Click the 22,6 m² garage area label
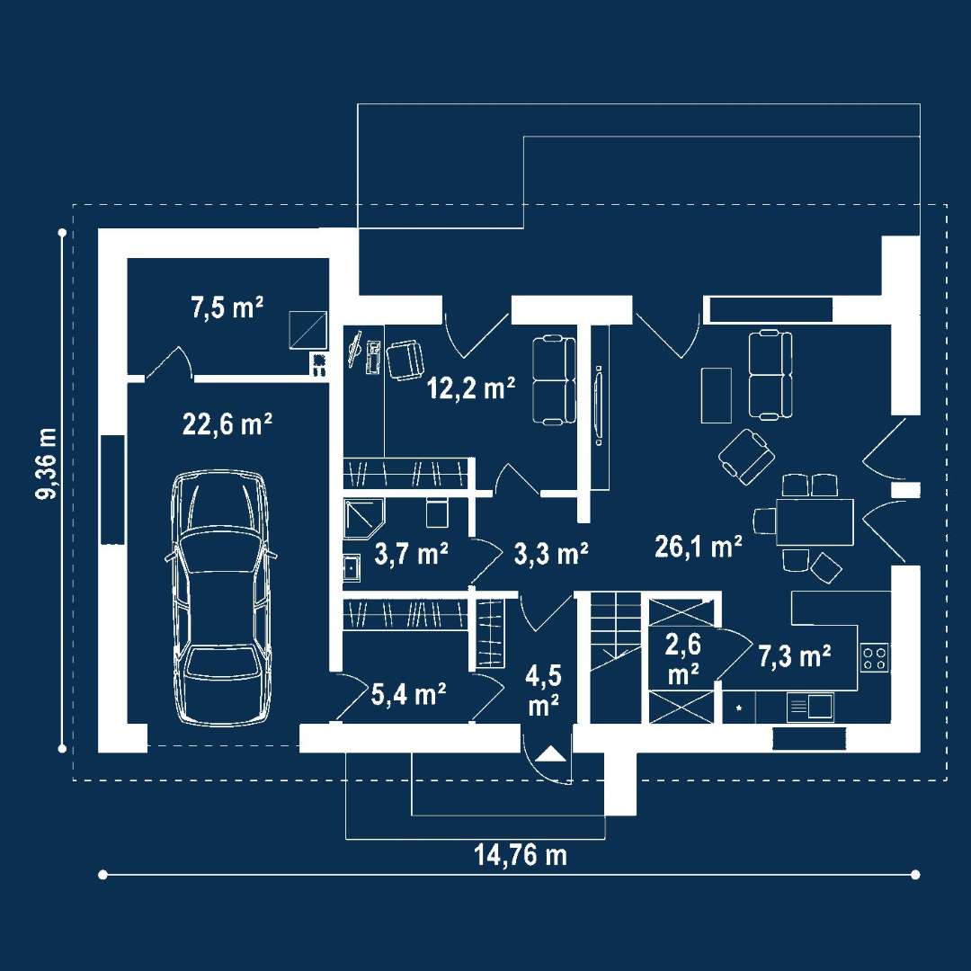(227, 424)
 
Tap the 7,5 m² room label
(227, 307)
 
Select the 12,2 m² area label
(471, 388)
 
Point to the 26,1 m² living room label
(699, 548)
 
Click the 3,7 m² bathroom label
(412, 554)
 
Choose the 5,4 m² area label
(409, 695)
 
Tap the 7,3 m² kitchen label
(795, 656)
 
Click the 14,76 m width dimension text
(521, 855)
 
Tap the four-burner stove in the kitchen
(875, 657)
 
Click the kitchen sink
(811, 708)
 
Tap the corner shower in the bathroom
(364, 519)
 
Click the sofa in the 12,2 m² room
(554, 380)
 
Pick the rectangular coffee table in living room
(717, 395)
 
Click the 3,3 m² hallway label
(551, 554)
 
